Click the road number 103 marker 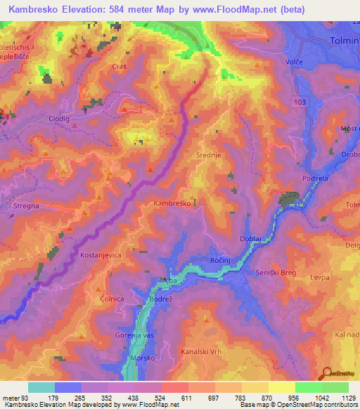pyautogui.click(x=302, y=102)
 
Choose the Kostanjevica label pyautogui.click(x=103, y=252)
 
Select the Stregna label pyautogui.click(x=27, y=207)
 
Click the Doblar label pyautogui.click(x=252, y=239)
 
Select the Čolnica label pyautogui.click(x=112, y=297)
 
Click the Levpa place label pyautogui.click(x=320, y=278)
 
